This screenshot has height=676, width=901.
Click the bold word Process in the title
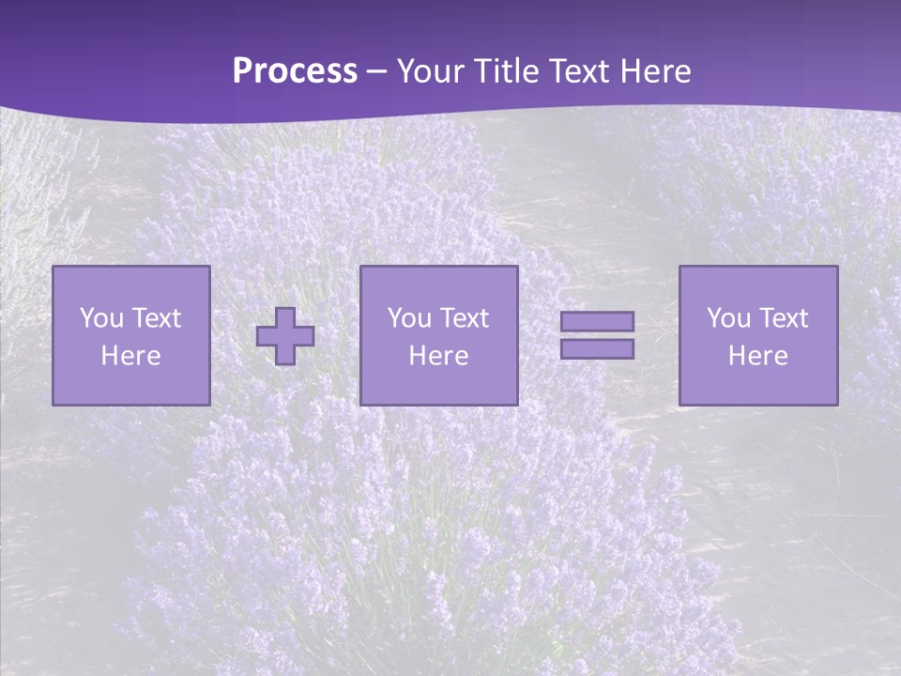click(x=295, y=71)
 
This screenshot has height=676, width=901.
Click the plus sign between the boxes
click(x=285, y=336)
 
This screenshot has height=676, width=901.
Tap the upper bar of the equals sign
click(x=597, y=321)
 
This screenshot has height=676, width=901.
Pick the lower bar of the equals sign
click(x=597, y=349)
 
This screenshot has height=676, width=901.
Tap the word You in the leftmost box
click(x=101, y=318)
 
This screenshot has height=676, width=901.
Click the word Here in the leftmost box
click(x=130, y=356)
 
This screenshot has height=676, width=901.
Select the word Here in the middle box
click(x=438, y=356)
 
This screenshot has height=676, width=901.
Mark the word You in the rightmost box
click(x=728, y=318)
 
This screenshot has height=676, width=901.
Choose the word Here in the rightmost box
click(x=758, y=356)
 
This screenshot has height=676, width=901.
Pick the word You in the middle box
click(x=409, y=318)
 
